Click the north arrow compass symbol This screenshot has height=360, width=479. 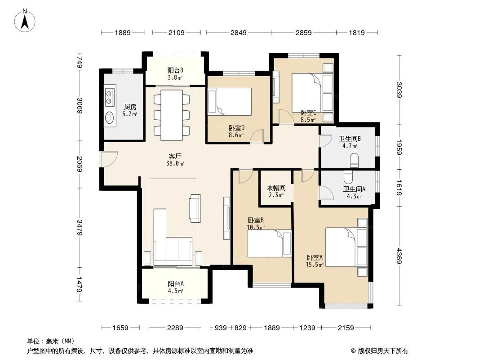click(x=25, y=21)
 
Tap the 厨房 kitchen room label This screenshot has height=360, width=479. click(x=130, y=107)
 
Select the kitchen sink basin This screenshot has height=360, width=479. click(x=109, y=117)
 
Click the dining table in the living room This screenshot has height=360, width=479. click(x=172, y=115)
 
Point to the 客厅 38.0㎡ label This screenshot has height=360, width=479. click(x=175, y=160)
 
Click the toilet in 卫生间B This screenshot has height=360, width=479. click(x=354, y=160)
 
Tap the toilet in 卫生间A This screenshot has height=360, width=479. click(x=348, y=176)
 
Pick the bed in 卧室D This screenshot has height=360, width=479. click(x=230, y=102)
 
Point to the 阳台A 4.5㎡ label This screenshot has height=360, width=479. click(x=176, y=287)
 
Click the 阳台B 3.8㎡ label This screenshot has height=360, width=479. click(x=175, y=74)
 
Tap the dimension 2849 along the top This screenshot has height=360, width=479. click(x=238, y=32)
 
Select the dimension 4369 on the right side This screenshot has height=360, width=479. click(x=399, y=256)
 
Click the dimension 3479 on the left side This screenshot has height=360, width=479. click(x=80, y=228)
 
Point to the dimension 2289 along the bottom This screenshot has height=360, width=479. click(x=175, y=328)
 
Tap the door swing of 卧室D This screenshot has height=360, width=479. click(x=257, y=136)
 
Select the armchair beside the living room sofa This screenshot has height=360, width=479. click(x=195, y=208)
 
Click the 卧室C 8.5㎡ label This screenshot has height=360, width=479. click(x=308, y=116)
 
